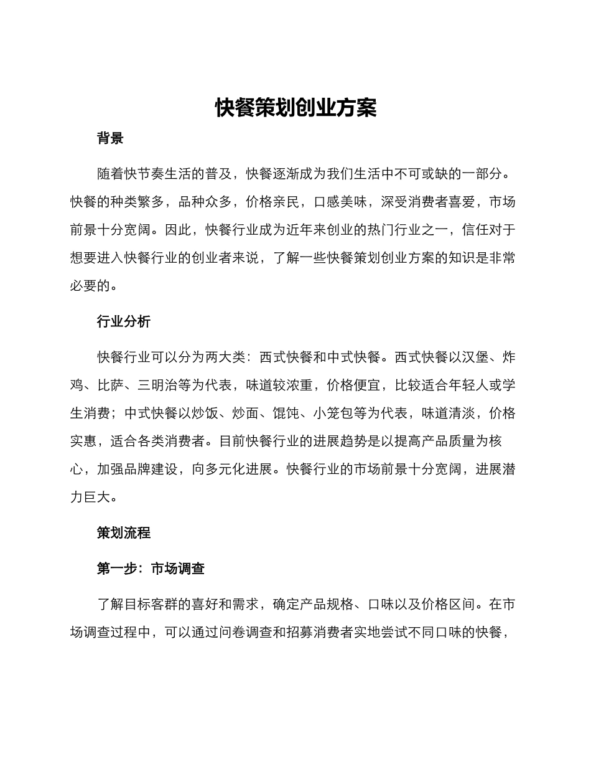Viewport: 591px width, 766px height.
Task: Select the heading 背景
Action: click(x=110, y=138)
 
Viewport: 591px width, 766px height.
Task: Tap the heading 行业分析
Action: click(x=124, y=321)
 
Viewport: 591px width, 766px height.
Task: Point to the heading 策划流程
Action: click(x=124, y=533)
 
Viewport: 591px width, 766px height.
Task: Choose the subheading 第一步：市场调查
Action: click(x=151, y=569)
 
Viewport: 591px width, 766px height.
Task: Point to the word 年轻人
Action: click(x=468, y=385)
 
